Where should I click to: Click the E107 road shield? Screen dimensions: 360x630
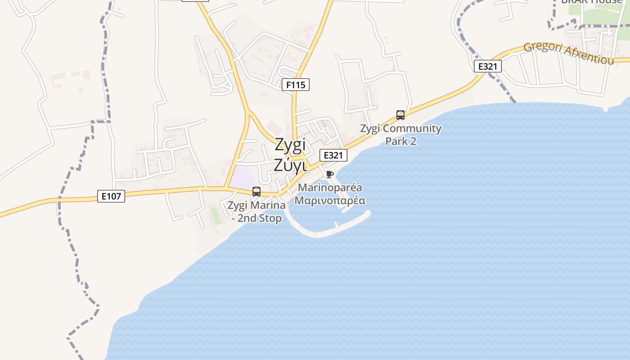pos(111,196)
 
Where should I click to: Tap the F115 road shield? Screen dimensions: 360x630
pos(296,84)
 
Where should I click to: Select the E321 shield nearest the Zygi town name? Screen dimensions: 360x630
pos(333,155)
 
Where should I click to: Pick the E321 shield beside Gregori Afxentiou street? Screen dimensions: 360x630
pos(487,66)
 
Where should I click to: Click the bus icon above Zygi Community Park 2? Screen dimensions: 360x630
pos(400,115)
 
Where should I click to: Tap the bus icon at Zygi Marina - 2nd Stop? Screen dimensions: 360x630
pos(256,192)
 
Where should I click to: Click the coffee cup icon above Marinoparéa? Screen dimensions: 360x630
pos(330,174)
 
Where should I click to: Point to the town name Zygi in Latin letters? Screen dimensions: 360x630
pos(290,145)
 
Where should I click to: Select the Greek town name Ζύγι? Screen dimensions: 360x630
pos(290,166)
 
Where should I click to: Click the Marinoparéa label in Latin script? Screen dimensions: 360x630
pos(330,187)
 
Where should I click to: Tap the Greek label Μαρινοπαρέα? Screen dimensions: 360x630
pos(330,200)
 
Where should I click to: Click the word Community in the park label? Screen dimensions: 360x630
pos(412,129)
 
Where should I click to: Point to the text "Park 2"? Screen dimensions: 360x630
pos(400,141)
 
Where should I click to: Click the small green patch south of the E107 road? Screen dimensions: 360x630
pos(216,216)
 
